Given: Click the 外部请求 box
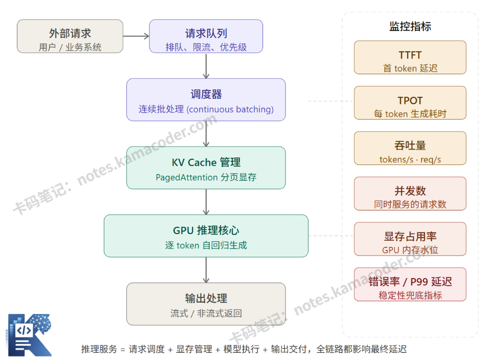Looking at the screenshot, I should click(x=70, y=36).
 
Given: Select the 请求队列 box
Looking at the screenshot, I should click(x=206, y=36).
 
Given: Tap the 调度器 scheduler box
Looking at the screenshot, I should click(x=206, y=100).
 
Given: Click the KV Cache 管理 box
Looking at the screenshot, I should click(x=206, y=168).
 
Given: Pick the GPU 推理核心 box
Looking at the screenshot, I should click(x=206, y=236).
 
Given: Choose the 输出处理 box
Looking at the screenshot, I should click(x=206, y=304).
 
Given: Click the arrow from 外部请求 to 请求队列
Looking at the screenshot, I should click(x=136, y=36).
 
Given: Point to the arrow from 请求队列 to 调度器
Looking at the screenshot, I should click(x=206, y=66).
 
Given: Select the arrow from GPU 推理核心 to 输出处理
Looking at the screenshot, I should click(x=206, y=269).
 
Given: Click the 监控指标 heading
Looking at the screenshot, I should click(x=410, y=27).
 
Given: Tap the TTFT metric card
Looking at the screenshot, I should click(x=410, y=57).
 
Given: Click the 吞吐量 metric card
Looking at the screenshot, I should click(x=410, y=148).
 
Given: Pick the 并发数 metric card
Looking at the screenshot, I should click(x=410, y=194).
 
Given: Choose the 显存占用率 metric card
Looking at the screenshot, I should click(x=410, y=239).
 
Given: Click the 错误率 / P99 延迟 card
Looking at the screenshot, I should click(x=410, y=284).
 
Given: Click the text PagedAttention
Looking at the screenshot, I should click(x=187, y=178).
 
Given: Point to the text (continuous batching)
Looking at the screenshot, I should click(x=230, y=110).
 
